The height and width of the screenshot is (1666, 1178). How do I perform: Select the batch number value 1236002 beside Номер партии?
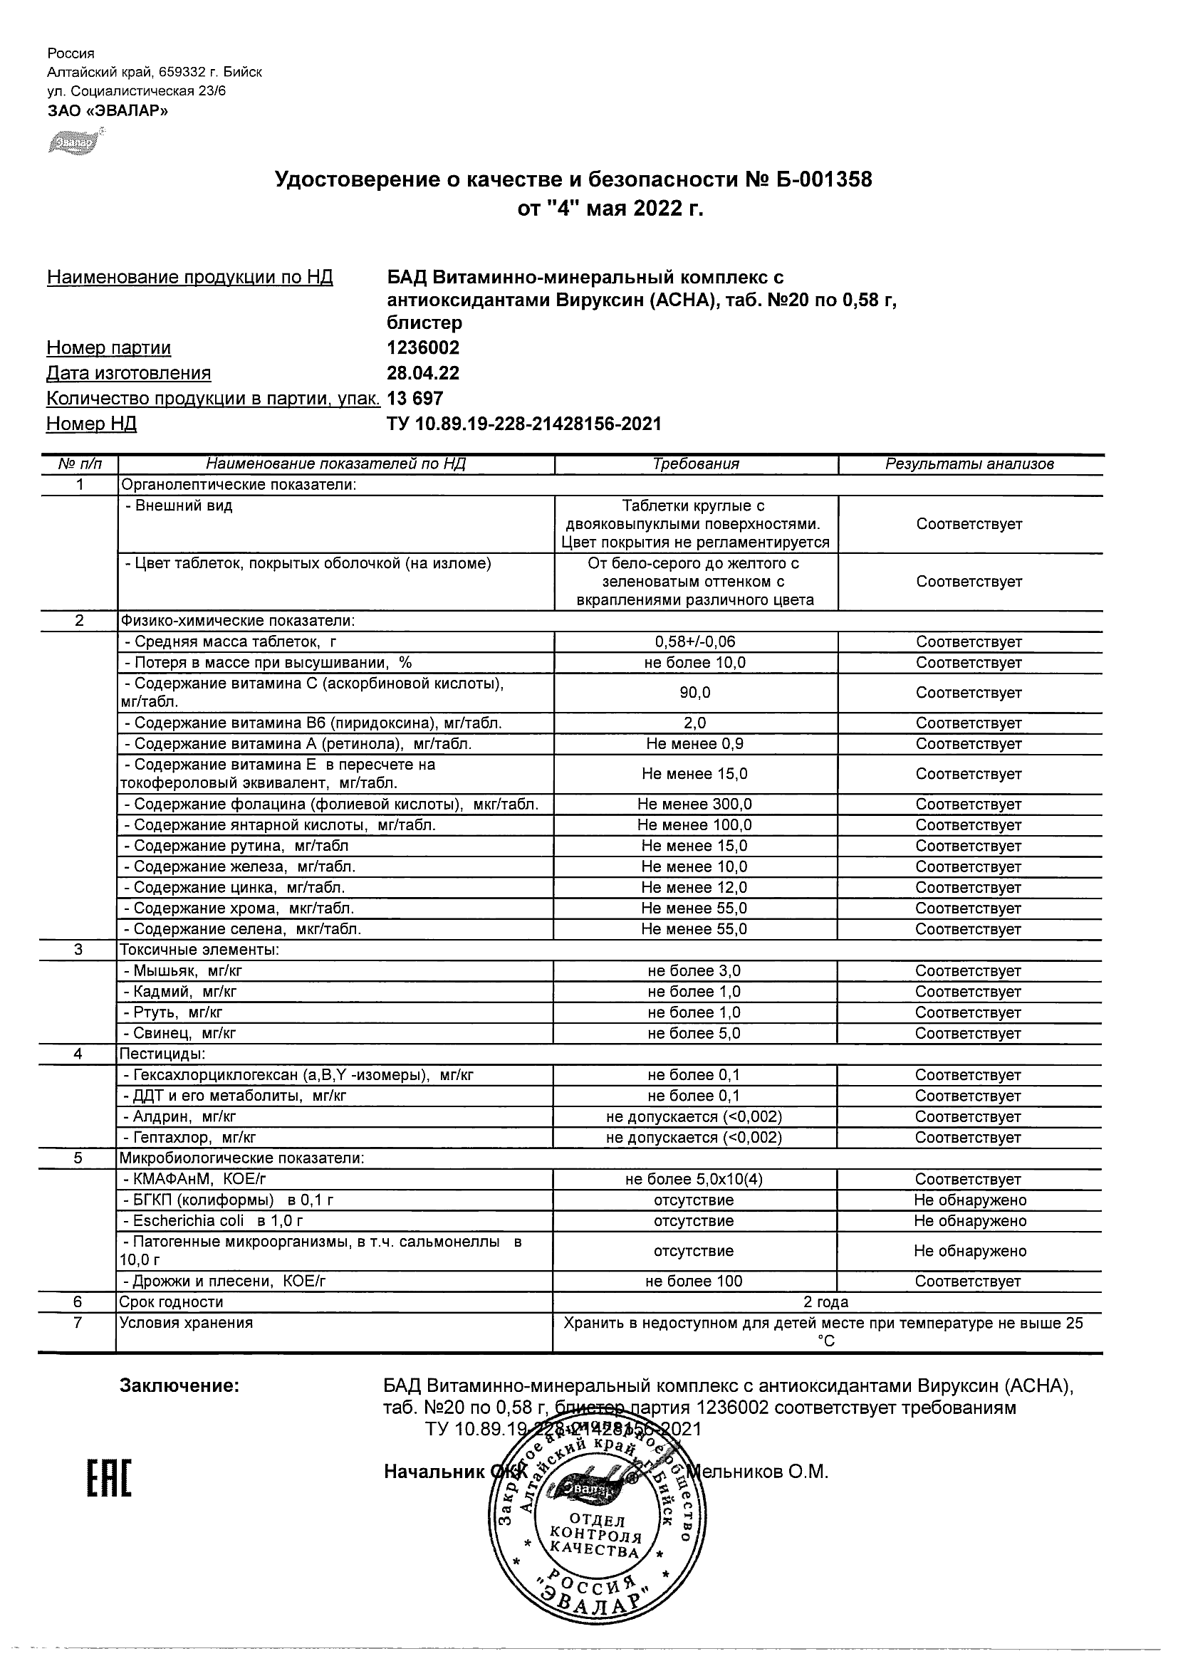423,347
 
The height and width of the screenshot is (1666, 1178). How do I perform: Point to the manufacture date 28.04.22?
423,373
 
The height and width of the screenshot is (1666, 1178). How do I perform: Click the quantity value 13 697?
415,399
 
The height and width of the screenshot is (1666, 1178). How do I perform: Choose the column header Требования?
695,464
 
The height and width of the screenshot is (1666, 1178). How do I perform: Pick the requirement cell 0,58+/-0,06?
694,642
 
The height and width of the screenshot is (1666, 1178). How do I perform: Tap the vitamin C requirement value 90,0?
694,693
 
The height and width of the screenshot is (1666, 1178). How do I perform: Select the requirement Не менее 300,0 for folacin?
694,804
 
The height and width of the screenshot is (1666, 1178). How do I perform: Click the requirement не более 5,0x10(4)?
694,1180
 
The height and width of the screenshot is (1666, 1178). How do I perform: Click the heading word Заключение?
179,1386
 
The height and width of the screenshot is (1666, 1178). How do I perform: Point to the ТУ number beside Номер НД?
524,424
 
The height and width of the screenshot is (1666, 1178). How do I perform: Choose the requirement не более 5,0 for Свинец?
694,1033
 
